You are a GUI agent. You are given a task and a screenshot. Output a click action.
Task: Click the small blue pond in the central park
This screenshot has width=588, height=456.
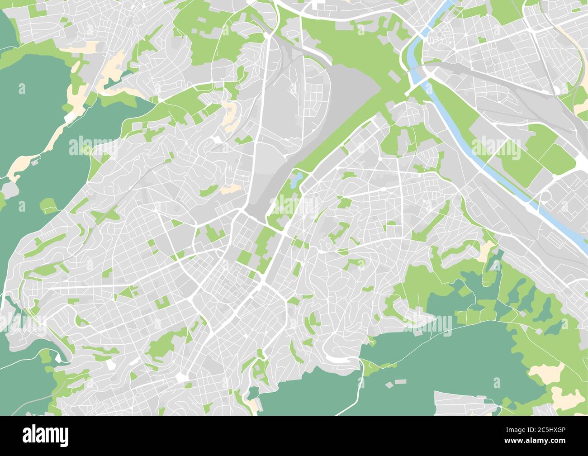pyautogui.click(x=296, y=180)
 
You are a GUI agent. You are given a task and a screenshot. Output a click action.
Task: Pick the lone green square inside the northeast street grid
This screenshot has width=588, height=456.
pyautogui.click(x=482, y=40)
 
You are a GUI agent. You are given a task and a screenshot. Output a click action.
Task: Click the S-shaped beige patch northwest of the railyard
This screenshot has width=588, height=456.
pyautogui.click(x=230, y=113)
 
